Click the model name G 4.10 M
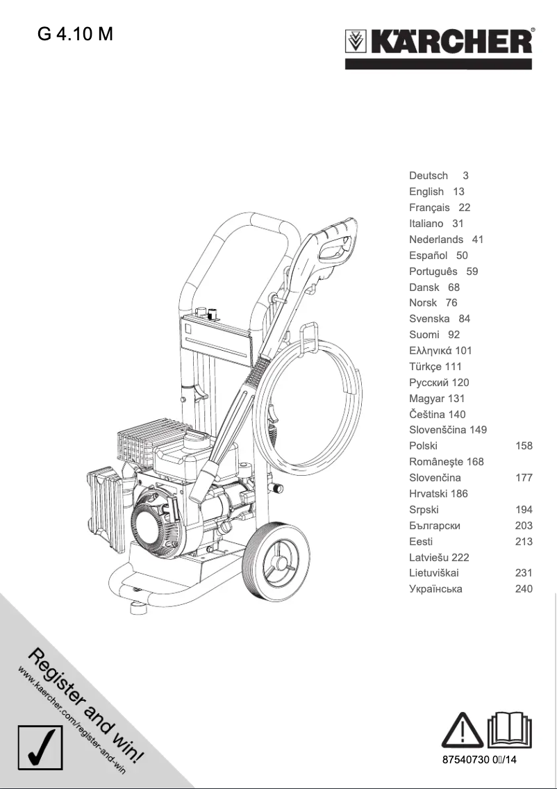point(76,34)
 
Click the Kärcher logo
point(439,43)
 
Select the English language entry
point(426,192)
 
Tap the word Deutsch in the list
point(429,176)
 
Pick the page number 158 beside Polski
point(524,446)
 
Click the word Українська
point(435,589)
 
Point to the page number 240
point(524,589)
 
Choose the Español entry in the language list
point(428,256)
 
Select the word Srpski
point(424,510)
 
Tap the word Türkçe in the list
point(426,367)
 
